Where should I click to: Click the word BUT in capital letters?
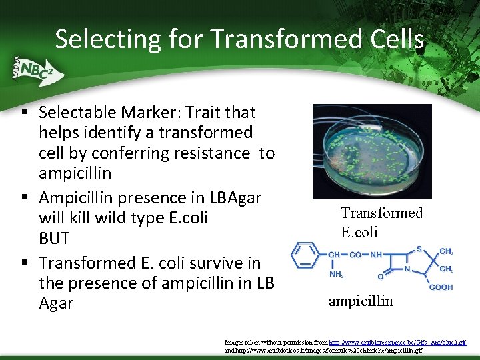tap(55, 238)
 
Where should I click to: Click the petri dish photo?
tap(371, 151)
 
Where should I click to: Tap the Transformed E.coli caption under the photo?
tap(381, 222)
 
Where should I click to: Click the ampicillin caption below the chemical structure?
tap(361, 301)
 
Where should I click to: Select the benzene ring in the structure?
tap(307, 255)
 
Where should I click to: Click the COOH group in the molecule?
tap(441, 287)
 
